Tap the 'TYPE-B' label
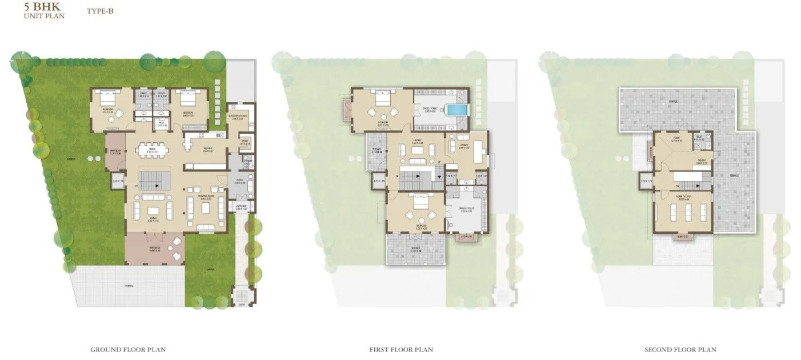(100, 10)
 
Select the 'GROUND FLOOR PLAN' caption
(128, 349)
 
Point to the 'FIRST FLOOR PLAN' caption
(401, 349)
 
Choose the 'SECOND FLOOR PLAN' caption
(680, 349)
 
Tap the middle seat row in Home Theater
(683, 213)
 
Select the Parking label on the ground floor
(130, 285)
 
